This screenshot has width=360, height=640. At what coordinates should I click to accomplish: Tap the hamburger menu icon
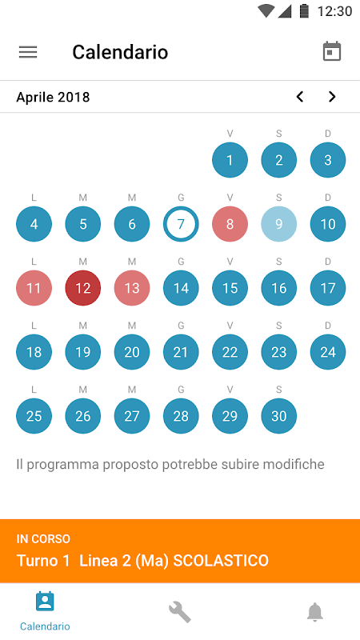[x=28, y=52]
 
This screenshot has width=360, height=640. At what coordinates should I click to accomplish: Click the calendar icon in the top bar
[x=332, y=51]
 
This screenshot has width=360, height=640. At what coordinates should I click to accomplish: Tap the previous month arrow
[x=300, y=97]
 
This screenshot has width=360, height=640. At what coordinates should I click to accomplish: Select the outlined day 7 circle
[x=181, y=224]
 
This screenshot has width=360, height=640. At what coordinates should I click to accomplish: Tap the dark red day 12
[x=83, y=288]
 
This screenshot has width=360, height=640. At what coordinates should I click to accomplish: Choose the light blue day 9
[x=278, y=224]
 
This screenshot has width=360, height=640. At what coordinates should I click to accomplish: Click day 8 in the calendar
[x=230, y=224]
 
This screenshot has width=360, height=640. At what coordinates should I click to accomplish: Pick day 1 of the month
[x=230, y=160]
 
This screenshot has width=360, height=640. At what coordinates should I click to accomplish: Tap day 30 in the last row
[x=278, y=416]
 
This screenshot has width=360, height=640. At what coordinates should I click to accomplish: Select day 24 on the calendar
[x=328, y=352]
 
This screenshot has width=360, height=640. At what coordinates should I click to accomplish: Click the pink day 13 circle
[x=132, y=288]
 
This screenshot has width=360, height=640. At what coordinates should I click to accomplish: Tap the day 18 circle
[x=34, y=352]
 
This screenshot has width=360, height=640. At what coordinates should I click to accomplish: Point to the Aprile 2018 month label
[x=53, y=97]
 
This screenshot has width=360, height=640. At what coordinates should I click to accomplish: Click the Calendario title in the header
[x=120, y=52]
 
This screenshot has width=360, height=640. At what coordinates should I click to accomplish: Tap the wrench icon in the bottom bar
[x=179, y=612]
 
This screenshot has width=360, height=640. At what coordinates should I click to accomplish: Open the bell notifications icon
[x=314, y=612]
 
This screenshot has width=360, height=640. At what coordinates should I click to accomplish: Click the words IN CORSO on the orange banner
[x=43, y=538]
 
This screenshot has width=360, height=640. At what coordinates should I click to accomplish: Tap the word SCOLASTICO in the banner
[x=221, y=561]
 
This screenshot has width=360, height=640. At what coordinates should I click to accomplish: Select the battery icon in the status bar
[x=304, y=11]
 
